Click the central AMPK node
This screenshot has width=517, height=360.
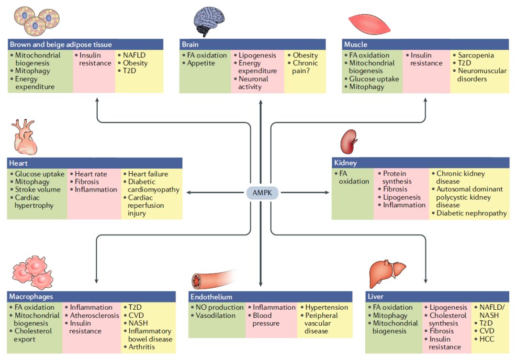click(262, 192)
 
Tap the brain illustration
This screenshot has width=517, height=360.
click(209, 21)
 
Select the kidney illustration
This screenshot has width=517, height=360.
click(349, 142)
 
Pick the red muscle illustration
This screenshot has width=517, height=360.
click(369, 24)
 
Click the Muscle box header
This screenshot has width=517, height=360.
click(426, 44)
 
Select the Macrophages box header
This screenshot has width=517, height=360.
click(91, 296)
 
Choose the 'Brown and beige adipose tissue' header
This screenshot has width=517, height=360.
click(85, 44)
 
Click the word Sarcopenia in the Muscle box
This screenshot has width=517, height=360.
click(476, 55)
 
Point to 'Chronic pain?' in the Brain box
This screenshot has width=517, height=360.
click(304, 67)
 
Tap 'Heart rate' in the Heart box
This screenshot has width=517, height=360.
click(90, 174)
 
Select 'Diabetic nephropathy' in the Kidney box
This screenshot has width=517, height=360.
click(472, 213)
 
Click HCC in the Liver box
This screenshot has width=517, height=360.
click(487, 339)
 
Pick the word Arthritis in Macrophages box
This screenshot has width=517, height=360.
click(141, 347)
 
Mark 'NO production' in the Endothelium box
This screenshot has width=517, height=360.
click(219, 307)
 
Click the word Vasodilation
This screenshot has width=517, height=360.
click(215, 315)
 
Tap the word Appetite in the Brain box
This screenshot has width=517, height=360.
click(201, 63)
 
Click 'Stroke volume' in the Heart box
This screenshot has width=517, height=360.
click(38, 190)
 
